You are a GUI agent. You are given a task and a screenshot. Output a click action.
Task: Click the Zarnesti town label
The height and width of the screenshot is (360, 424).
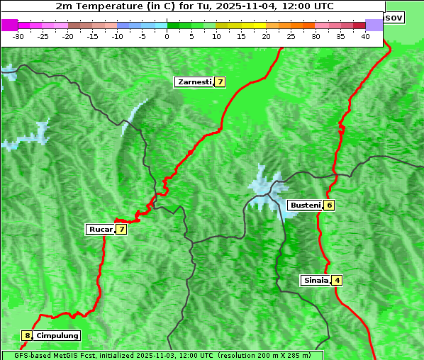click(194, 82)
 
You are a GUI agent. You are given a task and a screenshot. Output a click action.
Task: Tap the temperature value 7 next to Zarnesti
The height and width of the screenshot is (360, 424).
click(221, 82)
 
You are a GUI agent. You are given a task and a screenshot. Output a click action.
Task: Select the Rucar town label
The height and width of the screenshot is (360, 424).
click(99, 229)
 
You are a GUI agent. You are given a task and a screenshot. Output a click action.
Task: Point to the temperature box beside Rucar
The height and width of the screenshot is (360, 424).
click(122, 229)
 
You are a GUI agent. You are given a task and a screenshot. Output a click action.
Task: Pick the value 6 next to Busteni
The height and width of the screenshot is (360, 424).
click(330, 206)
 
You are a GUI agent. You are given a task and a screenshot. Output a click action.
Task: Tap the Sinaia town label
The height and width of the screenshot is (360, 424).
click(316, 280)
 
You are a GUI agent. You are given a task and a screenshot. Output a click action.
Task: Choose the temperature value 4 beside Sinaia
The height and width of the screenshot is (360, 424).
click(337, 280)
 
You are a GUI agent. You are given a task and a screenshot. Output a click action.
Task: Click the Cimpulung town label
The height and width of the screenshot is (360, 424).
click(57, 335)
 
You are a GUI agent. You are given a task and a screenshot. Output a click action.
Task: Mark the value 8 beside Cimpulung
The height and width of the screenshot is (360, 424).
click(27, 335)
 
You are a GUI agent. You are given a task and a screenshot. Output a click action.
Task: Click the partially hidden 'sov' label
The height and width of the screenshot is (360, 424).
click(394, 17)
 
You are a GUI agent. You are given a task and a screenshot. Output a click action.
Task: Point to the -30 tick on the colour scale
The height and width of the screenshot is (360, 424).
click(18, 36)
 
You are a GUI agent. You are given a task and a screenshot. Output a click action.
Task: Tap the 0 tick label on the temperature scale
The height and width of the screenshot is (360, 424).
click(167, 36)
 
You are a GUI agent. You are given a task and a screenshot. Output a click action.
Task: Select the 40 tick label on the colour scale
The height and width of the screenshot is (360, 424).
click(365, 36)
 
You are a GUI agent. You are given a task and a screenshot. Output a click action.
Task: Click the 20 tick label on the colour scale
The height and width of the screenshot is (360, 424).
click(266, 36)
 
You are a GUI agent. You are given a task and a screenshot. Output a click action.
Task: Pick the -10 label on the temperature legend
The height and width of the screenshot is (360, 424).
click(117, 36)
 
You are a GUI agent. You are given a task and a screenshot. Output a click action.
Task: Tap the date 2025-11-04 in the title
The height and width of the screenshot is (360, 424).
click(233, 6)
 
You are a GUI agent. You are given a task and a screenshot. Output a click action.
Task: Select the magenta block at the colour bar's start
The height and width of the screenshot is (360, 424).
click(10, 25)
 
